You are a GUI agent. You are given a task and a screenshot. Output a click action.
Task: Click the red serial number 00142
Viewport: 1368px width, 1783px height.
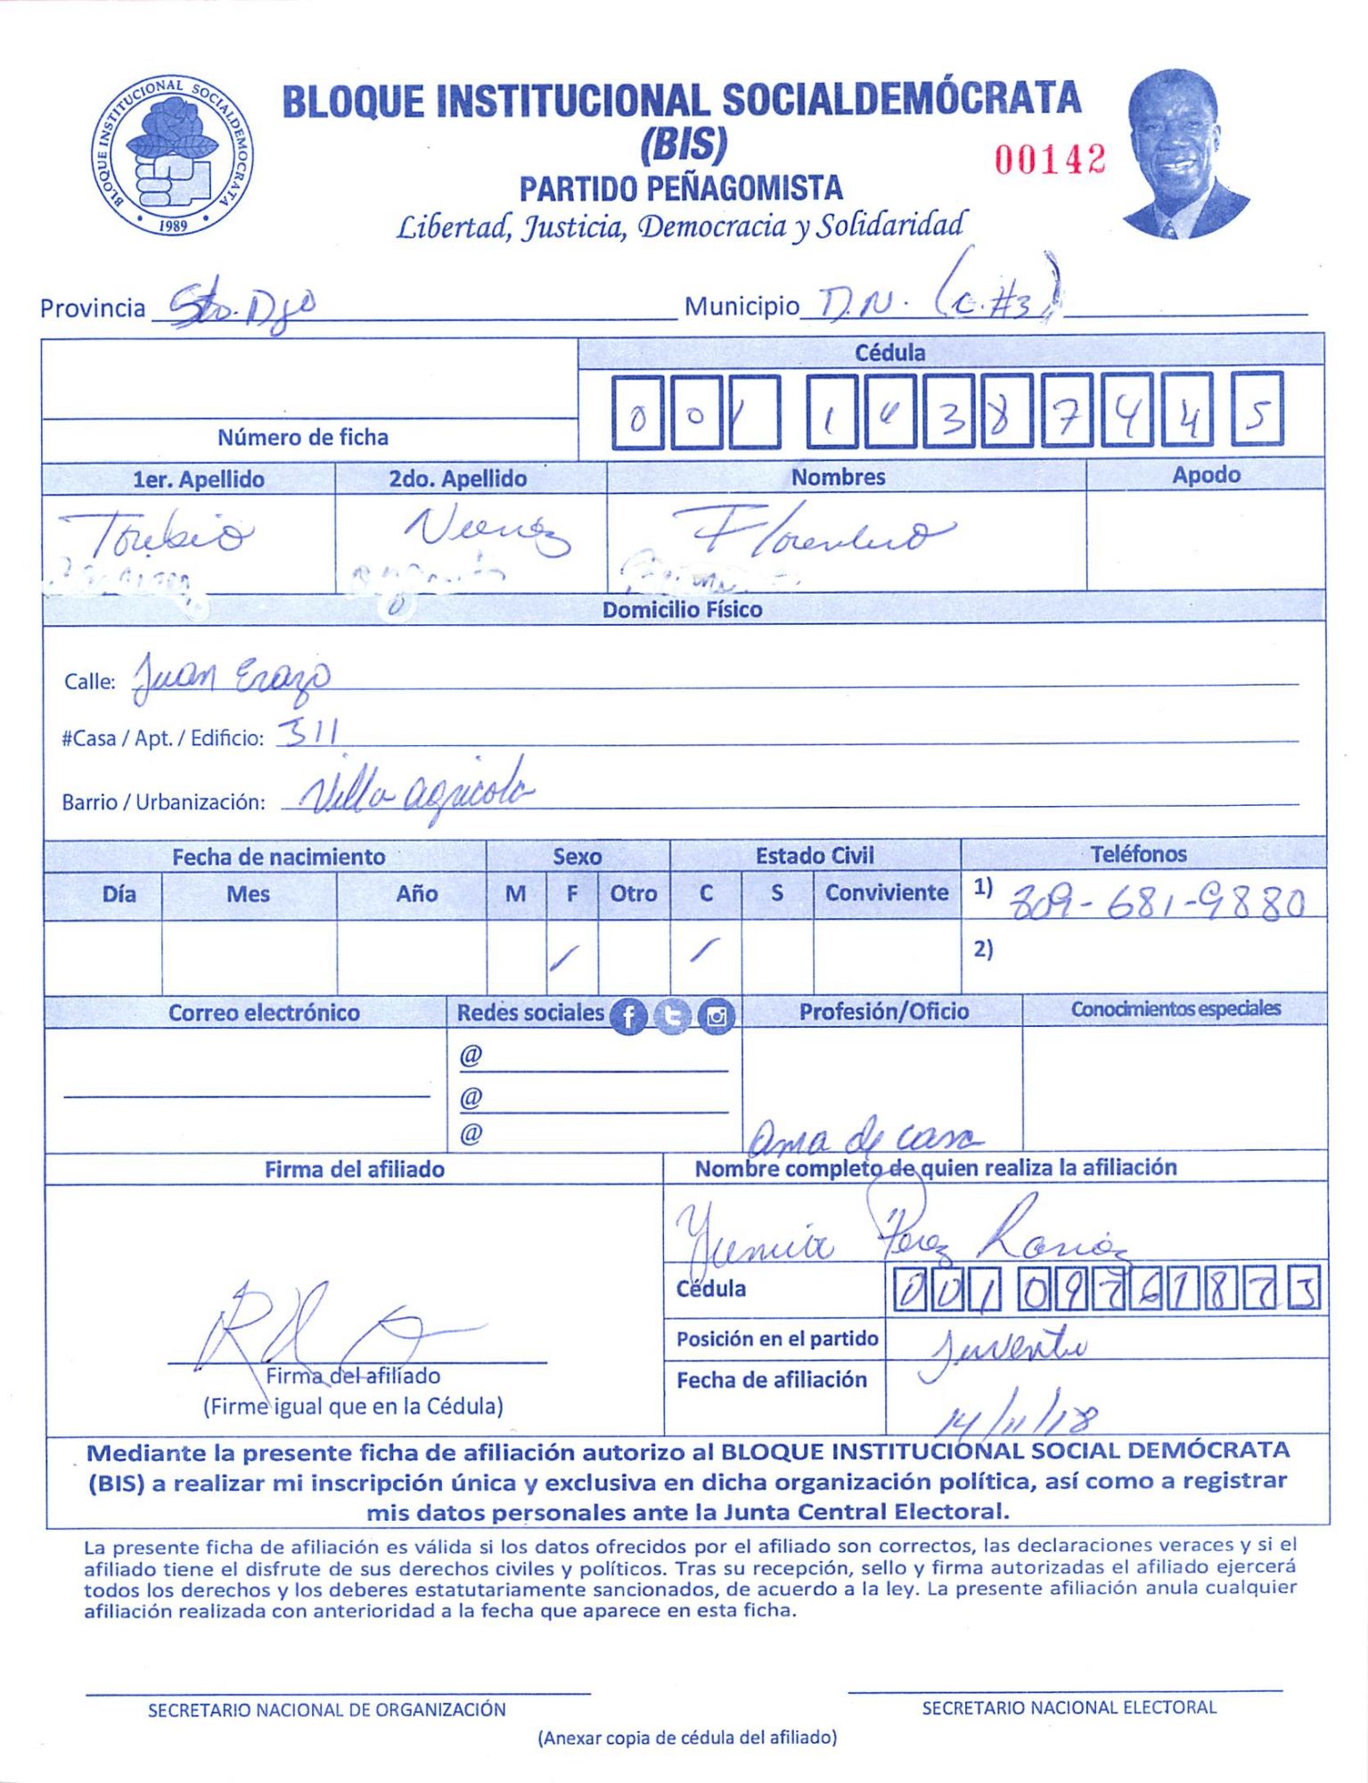pyautogui.click(x=1050, y=160)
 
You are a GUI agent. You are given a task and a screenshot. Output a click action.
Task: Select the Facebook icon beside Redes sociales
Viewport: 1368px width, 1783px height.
pyautogui.click(x=628, y=1016)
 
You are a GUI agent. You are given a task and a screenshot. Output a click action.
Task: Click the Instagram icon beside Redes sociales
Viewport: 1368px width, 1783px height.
pyautogui.click(x=716, y=1016)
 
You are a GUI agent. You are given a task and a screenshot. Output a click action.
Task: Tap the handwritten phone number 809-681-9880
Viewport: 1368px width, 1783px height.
pyautogui.click(x=1156, y=905)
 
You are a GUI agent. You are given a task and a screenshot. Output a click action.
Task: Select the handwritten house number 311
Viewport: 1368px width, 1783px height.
pyautogui.click(x=308, y=735)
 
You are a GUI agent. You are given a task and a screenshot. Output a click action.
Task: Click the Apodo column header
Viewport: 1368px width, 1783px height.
pyautogui.click(x=1205, y=475)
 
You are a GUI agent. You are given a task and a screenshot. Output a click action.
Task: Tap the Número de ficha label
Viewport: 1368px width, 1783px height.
pyautogui.click(x=303, y=438)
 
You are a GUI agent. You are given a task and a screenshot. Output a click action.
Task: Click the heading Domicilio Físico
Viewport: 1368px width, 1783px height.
pyautogui.click(x=682, y=610)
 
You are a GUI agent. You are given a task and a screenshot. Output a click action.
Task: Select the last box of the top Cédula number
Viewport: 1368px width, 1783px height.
pyautogui.click(x=1257, y=410)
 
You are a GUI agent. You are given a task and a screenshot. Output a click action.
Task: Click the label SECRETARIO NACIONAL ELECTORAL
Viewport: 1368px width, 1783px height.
pyautogui.click(x=1068, y=1707)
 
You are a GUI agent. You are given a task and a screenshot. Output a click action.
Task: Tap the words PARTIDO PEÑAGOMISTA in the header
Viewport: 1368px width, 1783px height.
pyautogui.click(x=681, y=189)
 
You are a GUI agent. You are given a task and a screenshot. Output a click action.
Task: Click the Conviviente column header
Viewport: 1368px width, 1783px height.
pyautogui.click(x=886, y=892)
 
